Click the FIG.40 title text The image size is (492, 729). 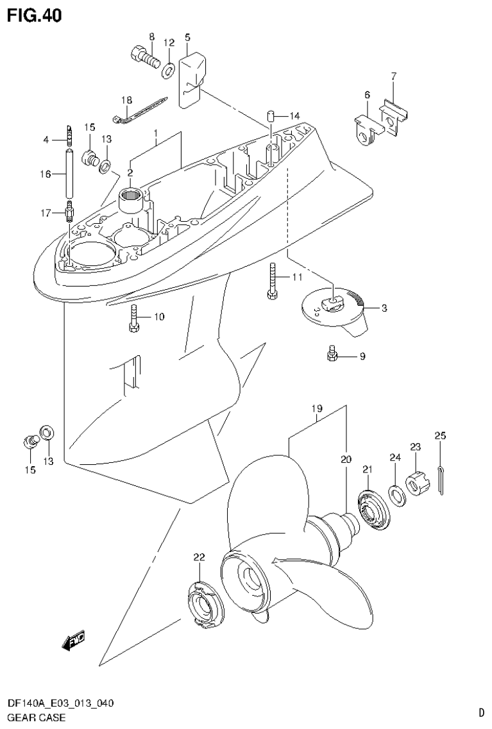tap(35, 15)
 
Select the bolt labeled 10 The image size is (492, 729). tap(134, 319)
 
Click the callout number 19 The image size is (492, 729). tap(317, 409)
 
